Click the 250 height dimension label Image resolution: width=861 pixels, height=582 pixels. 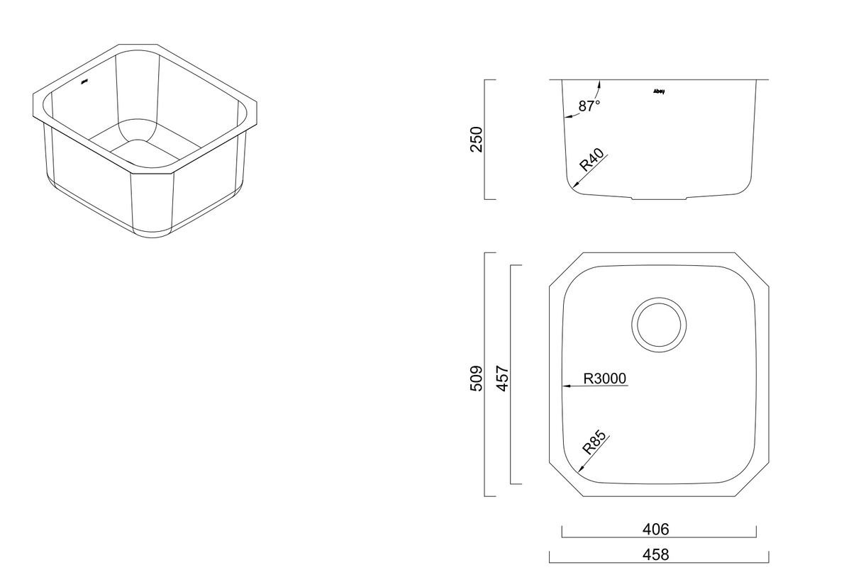point(477,139)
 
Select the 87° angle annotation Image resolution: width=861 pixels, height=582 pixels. point(589,106)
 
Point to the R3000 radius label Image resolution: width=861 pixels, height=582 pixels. point(605,379)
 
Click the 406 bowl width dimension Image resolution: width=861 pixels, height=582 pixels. point(655,529)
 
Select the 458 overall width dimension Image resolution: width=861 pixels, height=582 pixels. point(655,554)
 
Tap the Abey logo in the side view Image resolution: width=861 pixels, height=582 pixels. point(658,91)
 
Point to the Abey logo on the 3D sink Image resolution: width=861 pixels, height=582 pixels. point(84,82)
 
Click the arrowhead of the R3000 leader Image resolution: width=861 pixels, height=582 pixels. point(566,386)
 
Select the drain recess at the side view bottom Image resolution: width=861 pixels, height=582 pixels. point(660,198)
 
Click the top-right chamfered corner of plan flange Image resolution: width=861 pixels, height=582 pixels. point(751,270)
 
